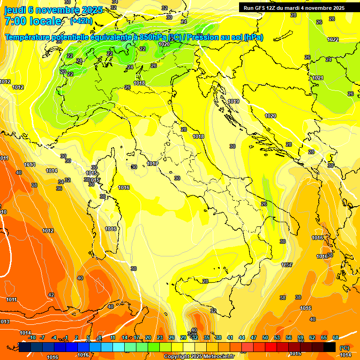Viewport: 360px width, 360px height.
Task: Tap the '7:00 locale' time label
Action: [x=33, y=21]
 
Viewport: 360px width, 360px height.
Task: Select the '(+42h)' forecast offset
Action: [x=81, y=21]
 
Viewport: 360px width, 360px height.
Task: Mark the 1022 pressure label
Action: [x=333, y=39]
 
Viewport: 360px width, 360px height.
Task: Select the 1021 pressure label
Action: [x=318, y=78]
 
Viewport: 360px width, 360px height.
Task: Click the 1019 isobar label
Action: [x=234, y=101]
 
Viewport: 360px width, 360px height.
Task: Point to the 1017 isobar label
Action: [x=152, y=164]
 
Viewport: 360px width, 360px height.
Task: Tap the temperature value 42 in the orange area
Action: [x=51, y=295]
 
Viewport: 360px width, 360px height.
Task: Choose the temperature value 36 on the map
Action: [x=59, y=188]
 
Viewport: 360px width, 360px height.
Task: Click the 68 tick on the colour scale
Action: [x=336, y=337]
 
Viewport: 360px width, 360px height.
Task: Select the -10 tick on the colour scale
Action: [x=32, y=337]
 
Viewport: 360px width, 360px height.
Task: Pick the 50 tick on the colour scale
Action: [x=265, y=337]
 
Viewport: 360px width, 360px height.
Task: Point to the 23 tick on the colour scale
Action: [x=160, y=337]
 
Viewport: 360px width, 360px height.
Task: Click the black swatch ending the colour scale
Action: [x=330, y=347]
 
